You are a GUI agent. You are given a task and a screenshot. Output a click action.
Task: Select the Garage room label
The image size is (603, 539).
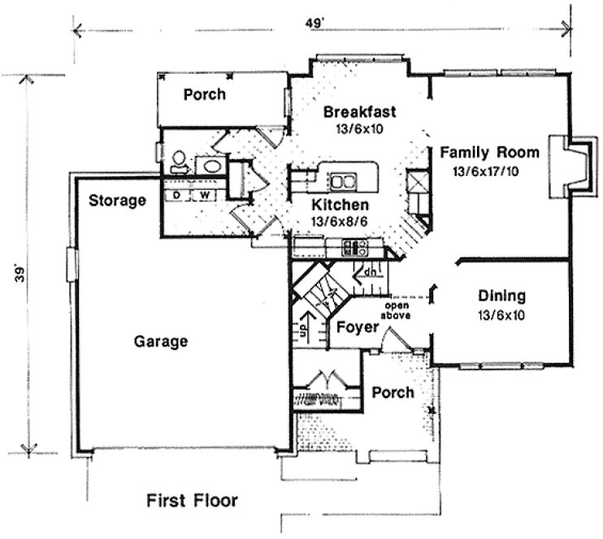pos(161,342)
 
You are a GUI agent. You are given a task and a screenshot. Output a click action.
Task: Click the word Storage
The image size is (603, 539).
pos(117,200)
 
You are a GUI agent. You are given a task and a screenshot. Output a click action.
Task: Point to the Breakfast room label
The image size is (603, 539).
pos(358,111)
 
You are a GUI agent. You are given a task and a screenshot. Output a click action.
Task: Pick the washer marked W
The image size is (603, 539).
pos(205,196)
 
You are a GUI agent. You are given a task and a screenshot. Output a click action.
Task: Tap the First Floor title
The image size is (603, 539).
pos(193,499)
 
